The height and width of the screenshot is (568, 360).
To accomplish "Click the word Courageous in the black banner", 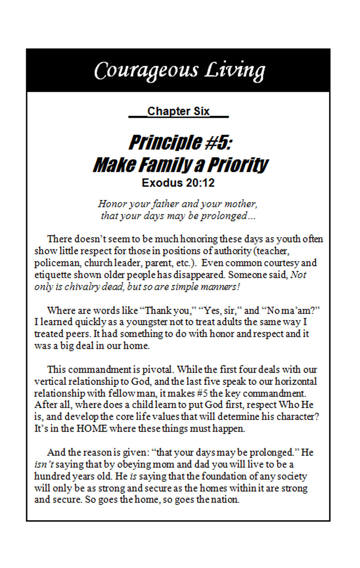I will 145,70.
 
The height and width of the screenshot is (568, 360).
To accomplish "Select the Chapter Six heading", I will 179,111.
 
